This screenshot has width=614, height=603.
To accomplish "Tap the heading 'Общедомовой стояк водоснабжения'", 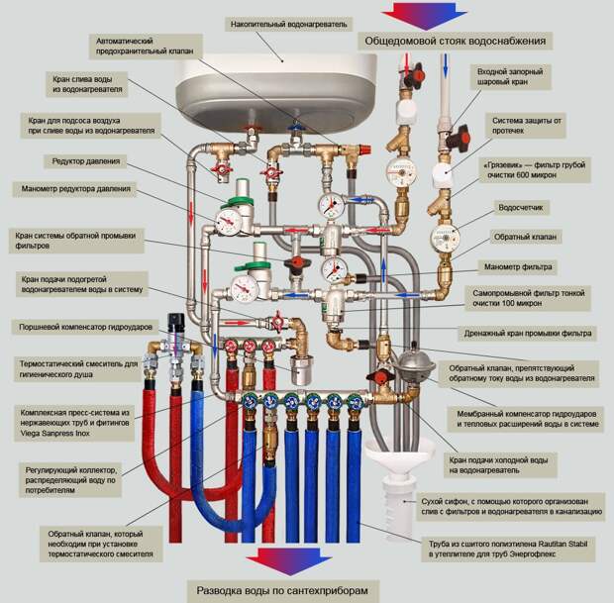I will pyautogui.click(x=457, y=42).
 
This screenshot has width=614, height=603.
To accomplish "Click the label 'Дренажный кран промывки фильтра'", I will pyautogui.click(x=529, y=333).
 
